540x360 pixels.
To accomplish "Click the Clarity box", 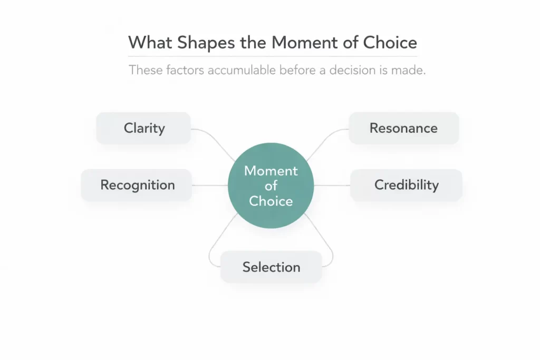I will click(143, 128).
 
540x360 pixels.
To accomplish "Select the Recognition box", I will click(137, 185).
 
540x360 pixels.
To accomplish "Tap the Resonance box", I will click(403, 128).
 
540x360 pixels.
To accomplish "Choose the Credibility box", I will click(406, 185).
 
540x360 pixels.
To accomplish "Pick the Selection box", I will click(271, 267).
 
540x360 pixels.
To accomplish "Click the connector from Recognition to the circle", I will click(209, 185).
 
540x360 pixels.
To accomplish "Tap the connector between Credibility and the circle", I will click(332, 185).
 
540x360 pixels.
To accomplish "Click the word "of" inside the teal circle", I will click(271, 186).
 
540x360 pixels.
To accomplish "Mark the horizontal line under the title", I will click(272, 56).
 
